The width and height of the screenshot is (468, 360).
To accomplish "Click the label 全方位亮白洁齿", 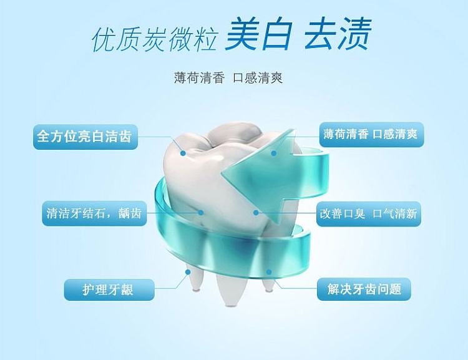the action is tap(85, 137).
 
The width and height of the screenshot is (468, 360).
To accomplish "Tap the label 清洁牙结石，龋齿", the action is tap(94, 213).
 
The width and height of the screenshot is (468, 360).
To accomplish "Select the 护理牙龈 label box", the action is tap(109, 289).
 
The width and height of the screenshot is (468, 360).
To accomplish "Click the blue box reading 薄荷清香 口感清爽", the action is tap(372, 134).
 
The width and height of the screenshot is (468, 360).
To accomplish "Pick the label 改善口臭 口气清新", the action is tap(369, 214).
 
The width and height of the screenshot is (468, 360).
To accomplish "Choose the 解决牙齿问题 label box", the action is tap(364, 289).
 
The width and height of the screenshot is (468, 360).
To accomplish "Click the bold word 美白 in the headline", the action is tap(258, 34).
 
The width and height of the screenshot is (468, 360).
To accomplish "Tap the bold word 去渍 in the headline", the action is tap(338, 34).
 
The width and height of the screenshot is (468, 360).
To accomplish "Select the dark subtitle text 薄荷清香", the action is tap(199, 78).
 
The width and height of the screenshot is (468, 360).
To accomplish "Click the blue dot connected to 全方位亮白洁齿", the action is tap(183, 153).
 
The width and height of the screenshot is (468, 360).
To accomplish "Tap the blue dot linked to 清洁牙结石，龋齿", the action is tap(201, 213).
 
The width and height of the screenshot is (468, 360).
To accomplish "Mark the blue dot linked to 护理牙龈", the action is tap(188, 272).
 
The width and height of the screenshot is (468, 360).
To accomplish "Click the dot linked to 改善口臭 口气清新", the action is tap(256, 213).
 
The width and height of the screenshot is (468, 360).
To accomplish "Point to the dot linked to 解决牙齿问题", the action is tap(268, 272).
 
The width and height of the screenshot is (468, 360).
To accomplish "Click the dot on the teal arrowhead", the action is tap(274, 153).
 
